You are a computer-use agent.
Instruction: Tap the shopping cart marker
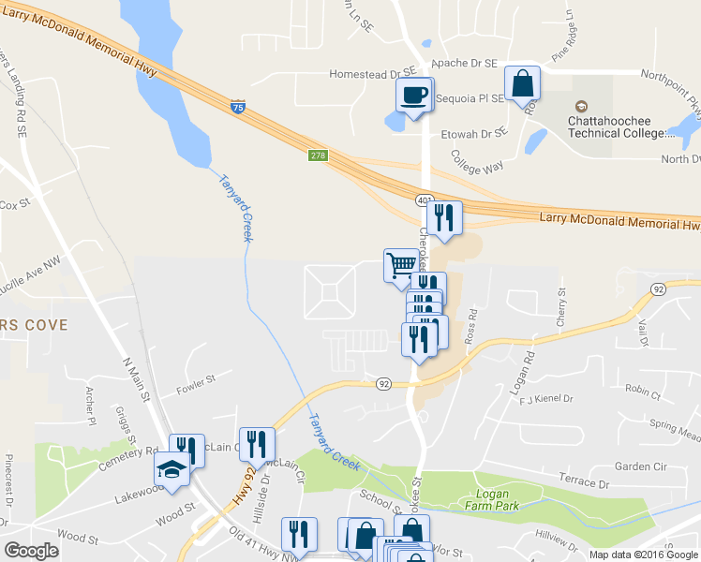[401, 264]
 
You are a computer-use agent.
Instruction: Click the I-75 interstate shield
[238, 108]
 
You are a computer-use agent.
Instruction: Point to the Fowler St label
[197, 379]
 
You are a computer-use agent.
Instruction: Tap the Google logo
[31, 551]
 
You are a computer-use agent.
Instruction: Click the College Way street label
[477, 162]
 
